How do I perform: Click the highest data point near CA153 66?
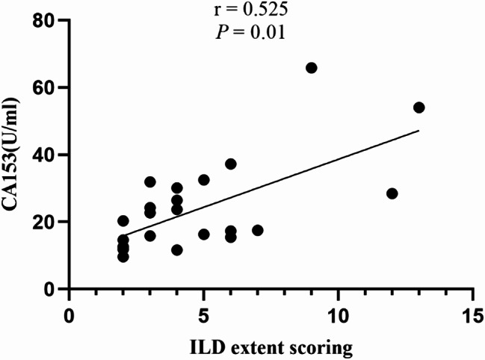(312, 68)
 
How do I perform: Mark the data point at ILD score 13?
(419, 108)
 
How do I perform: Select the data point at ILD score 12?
(392, 193)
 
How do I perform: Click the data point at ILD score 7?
(258, 230)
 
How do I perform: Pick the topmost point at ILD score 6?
(231, 164)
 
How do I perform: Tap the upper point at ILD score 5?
(204, 180)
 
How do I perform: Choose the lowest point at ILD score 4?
(177, 250)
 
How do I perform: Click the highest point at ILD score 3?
(150, 182)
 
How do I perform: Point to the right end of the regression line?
(419, 130)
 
